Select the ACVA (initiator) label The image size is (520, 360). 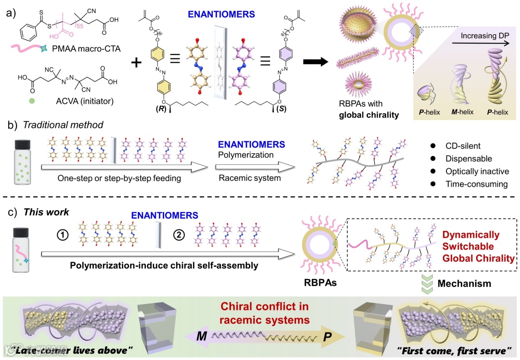coord(68,101)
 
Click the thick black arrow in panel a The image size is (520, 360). coord(316,62)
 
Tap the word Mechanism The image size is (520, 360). coord(464,284)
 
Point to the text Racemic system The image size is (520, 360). coord(244,177)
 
